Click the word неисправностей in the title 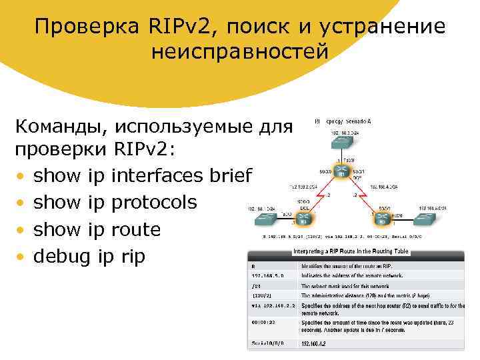(240, 51)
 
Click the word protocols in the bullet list (164, 203)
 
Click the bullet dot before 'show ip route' (22, 230)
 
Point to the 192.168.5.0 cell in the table (266, 274)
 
